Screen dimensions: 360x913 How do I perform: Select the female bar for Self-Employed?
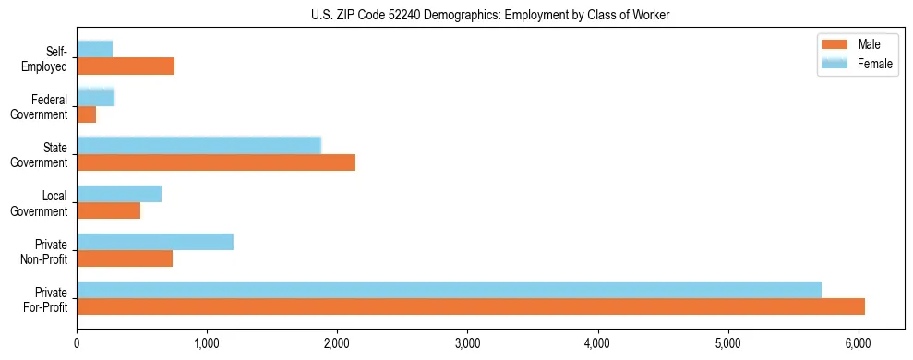(x=95, y=49)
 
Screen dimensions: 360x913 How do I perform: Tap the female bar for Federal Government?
(x=96, y=97)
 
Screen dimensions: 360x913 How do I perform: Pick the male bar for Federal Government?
(x=87, y=114)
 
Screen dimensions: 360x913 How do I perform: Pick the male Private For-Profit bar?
(x=471, y=306)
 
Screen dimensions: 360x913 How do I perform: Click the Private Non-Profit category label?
(x=46, y=250)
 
